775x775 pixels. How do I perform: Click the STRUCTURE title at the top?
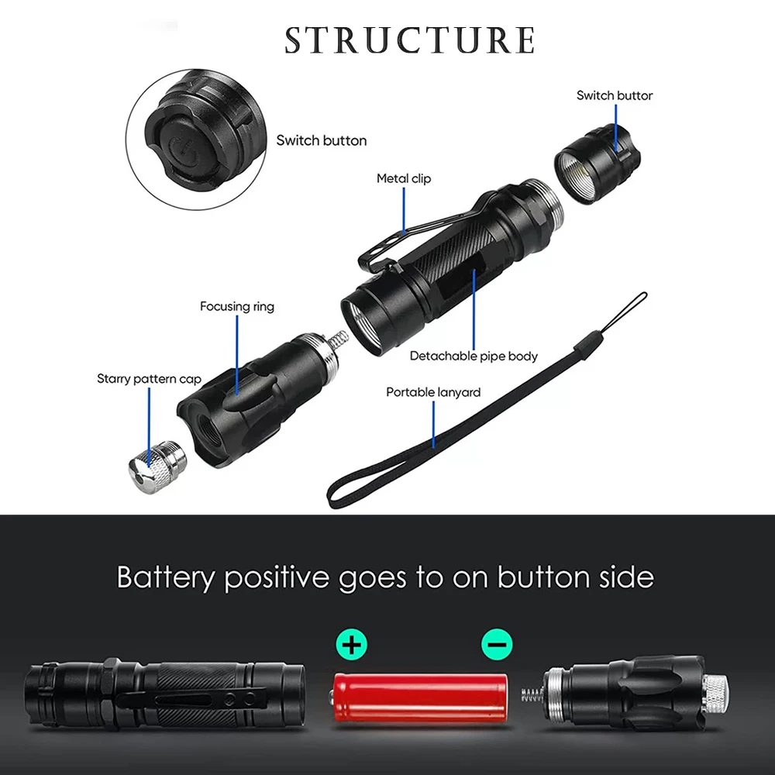click(410, 40)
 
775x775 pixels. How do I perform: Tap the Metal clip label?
click(403, 178)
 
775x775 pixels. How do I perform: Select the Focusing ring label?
click(237, 306)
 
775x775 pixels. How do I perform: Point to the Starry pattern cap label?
click(149, 379)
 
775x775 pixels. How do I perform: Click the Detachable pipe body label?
click(474, 356)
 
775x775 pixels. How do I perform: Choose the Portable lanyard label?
click(433, 392)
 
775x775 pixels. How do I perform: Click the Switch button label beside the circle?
click(322, 140)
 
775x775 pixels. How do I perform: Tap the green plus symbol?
click(352, 643)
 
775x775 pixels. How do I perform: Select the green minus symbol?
click(497, 643)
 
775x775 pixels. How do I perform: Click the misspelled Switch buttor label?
click(615, 95)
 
